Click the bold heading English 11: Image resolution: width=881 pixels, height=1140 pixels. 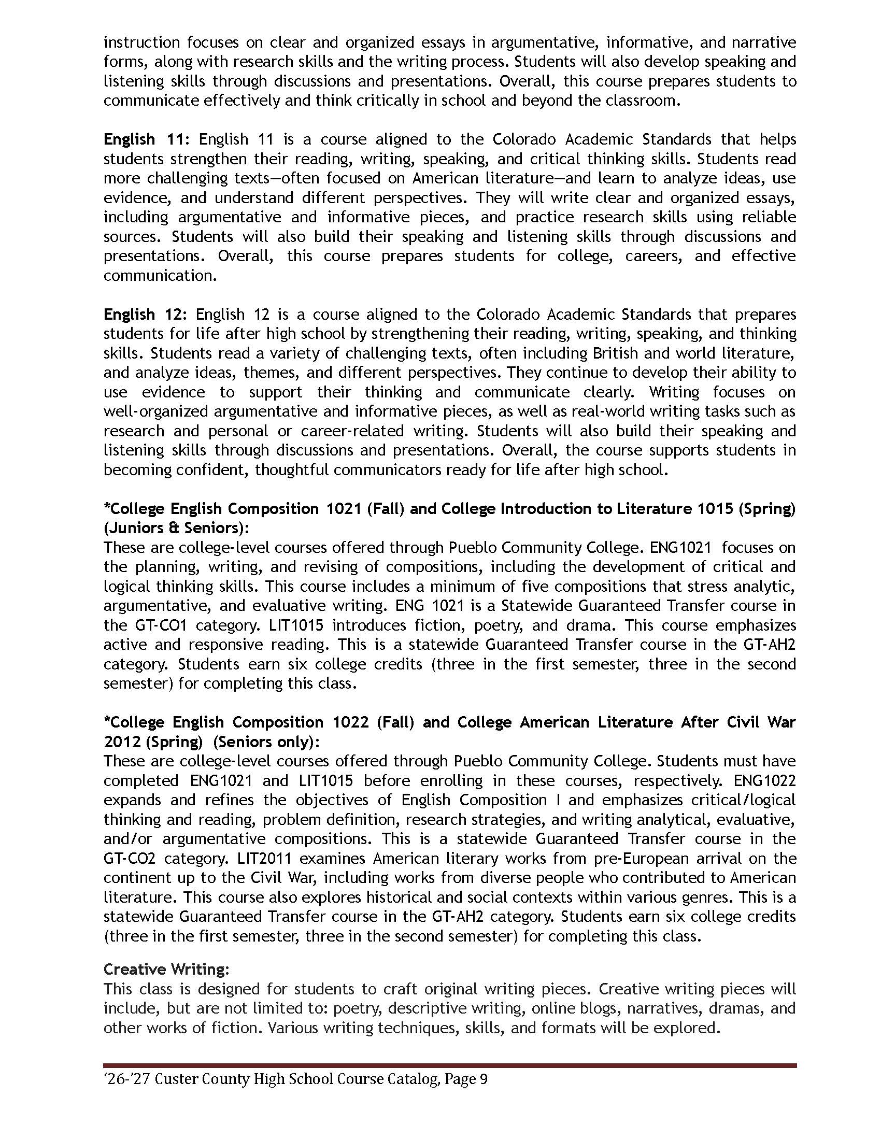click(148, 139)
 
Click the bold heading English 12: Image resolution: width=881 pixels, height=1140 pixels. click(148, 315)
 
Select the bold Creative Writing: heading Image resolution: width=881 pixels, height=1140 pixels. click(166, 970)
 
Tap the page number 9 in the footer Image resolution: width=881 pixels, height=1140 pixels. click(483, 1079)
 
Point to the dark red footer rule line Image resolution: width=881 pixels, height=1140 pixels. click(449, 1065)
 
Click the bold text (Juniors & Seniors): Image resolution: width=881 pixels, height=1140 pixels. click(176, 528)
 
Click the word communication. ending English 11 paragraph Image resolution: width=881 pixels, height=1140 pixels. click(160, 276)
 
